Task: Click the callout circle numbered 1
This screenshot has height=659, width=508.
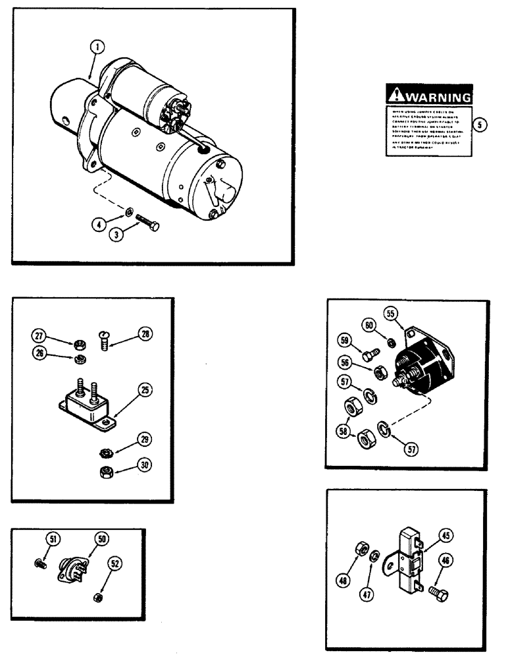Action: tap(97, 47)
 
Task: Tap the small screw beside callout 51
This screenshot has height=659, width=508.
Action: tap(39, 563)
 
